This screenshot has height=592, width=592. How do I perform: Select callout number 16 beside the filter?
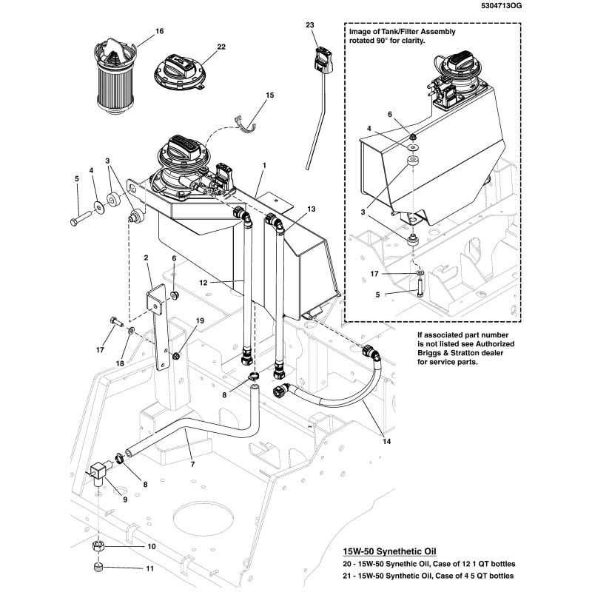point(159,31)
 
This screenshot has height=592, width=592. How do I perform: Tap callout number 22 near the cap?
point(221,47)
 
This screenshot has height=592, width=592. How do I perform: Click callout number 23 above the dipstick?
point(310,25)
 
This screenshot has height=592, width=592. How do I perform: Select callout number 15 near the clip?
point(269,95)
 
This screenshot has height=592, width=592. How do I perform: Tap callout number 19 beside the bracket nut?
point(199,320)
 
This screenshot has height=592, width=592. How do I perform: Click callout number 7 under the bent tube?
point(192,463)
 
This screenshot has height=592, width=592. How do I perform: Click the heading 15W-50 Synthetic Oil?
point(389,552)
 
